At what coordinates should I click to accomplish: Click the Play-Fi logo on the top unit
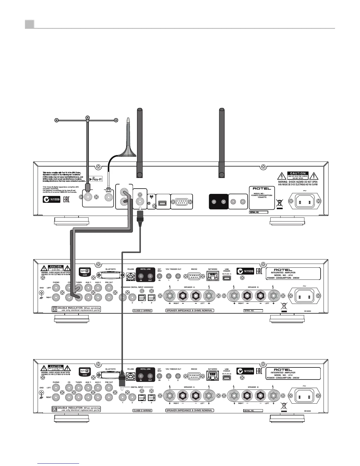[x=95, y=179]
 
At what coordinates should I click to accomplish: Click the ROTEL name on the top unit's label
[x=262, y=188]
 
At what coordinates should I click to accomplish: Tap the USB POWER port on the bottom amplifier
[x=226, y=377]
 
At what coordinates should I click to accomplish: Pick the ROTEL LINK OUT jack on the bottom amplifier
[x=150, y=375]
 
